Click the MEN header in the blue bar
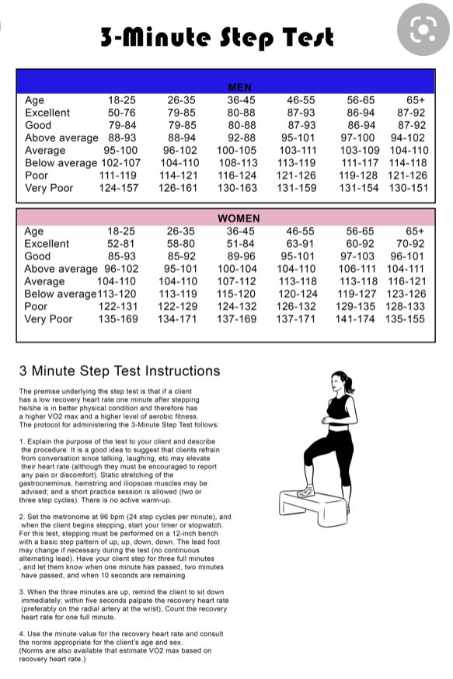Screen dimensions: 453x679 tap(239, 88)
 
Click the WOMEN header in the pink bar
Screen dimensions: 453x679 tap(239, 219)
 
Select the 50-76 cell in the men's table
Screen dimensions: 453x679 tap(122, 113)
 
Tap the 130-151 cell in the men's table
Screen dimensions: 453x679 tap(409, 188)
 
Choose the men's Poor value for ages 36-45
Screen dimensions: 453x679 tap(237, 176)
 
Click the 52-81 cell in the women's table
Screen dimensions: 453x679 tap(122, 244)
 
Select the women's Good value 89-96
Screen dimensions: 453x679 tap(241, 256)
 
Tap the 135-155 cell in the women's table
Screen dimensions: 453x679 tap(406, 319)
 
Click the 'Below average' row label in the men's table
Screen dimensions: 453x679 tap(61, 163)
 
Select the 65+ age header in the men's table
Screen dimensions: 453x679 tap(415, 100)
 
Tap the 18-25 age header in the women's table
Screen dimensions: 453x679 tap(122, 232)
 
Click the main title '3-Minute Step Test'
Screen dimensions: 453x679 tap(217, 37)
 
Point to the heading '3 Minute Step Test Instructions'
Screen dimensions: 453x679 tap(120, 371)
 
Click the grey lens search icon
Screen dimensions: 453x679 tap(423, 30)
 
